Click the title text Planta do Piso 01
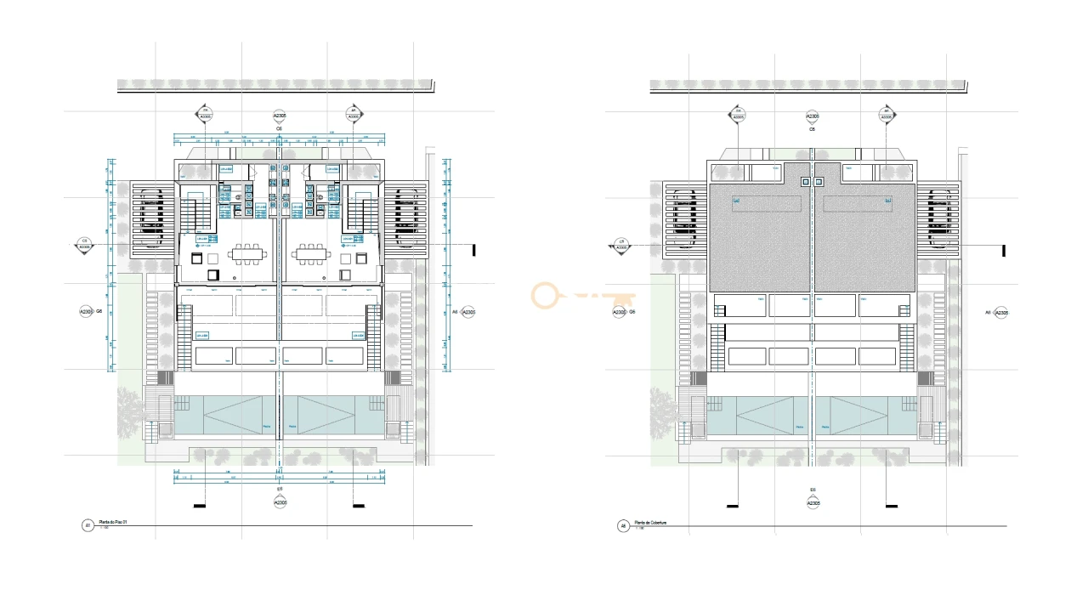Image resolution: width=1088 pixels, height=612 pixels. [x=113, y=522]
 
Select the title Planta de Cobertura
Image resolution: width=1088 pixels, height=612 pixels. [x=649, y=523]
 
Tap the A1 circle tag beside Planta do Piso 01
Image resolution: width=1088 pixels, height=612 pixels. [x=87, y=525]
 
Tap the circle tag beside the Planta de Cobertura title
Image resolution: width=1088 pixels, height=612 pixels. [x=623, y=526]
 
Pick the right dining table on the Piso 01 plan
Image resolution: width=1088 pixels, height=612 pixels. [x=310, y=253]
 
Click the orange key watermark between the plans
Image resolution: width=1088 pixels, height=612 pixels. [x=583, y=297]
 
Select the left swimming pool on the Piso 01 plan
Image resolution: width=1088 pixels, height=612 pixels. [x=227, y=416]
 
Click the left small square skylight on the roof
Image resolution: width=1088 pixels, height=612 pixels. [x=805, y=181]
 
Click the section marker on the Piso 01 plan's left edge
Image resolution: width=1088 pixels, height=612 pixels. [x=84, y=246]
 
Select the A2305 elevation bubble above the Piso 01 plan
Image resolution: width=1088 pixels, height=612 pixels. [x=279, y=116]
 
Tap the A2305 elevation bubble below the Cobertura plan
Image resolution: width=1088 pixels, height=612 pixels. [x=813, y=503]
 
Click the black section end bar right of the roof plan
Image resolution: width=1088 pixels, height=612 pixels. [x=1004, y=251]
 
